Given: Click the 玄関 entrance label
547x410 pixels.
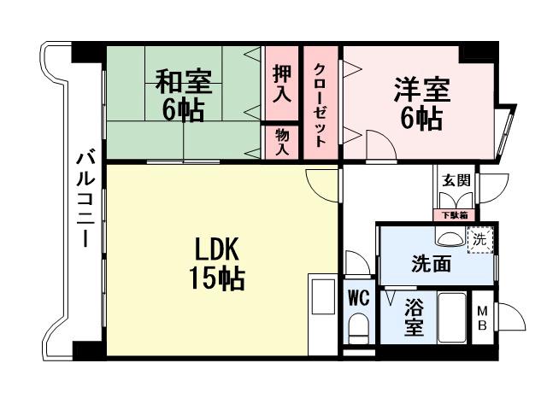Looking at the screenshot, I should [453, 180].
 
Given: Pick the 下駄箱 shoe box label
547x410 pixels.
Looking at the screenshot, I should [453, 215].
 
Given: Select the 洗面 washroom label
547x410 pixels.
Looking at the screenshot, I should [431, 264].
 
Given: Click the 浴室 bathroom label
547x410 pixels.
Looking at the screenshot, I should [415, 316].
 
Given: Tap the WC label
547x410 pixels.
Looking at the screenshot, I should [358, 298].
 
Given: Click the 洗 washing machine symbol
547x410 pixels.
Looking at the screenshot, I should [479, 240].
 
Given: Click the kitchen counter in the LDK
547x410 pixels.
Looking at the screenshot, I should [324, 313].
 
